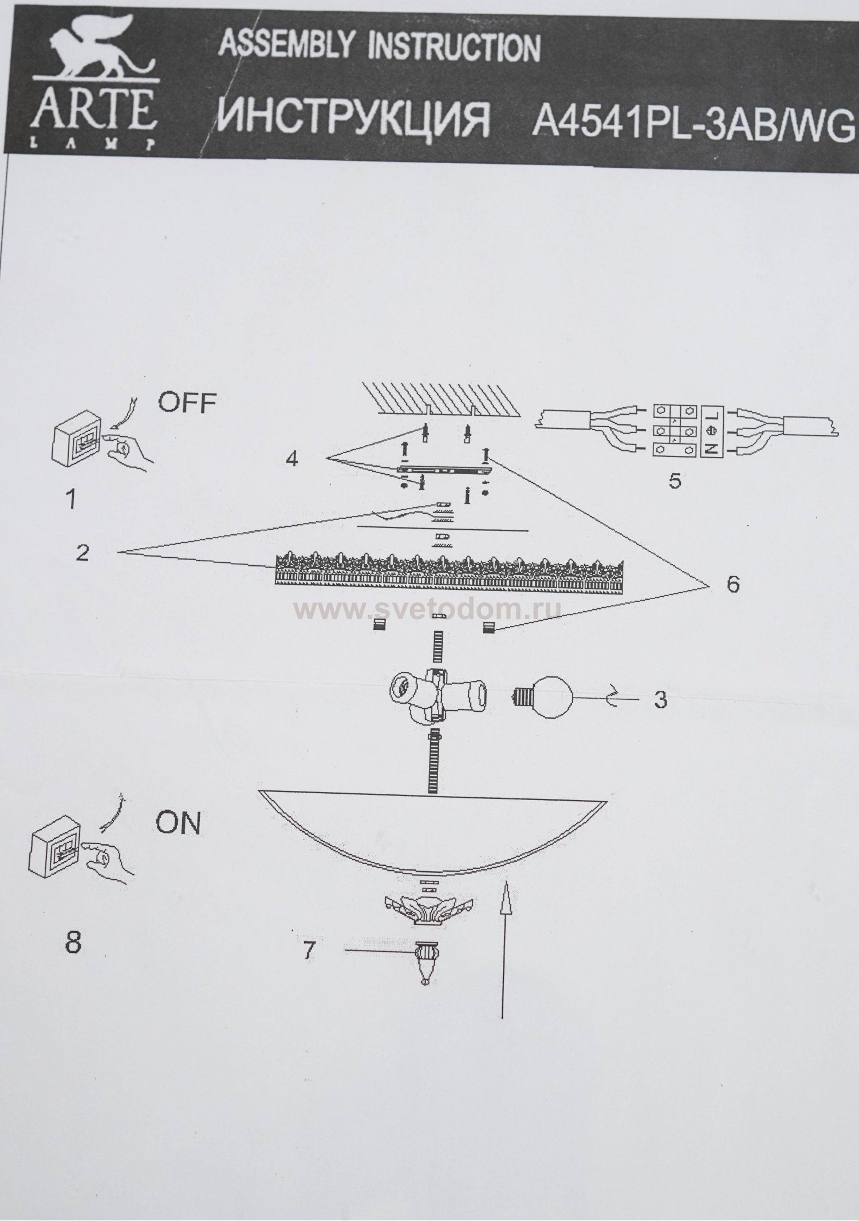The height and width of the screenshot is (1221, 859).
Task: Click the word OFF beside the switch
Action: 187,403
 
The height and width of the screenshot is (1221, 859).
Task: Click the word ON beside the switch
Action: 178,824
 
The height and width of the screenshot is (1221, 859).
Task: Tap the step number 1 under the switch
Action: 71,500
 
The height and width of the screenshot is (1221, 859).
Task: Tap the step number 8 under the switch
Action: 73,942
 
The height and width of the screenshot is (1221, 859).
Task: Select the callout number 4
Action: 292,459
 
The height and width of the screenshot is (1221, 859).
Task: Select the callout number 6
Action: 733,584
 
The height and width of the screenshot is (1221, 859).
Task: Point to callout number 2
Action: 82,553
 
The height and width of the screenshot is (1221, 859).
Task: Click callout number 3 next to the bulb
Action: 660,700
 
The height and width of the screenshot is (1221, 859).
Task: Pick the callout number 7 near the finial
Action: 309,951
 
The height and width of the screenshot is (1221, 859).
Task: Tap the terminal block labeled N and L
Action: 689,431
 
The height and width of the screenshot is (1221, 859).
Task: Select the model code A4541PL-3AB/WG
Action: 693,121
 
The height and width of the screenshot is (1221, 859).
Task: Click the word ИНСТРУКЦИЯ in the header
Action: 354,119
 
